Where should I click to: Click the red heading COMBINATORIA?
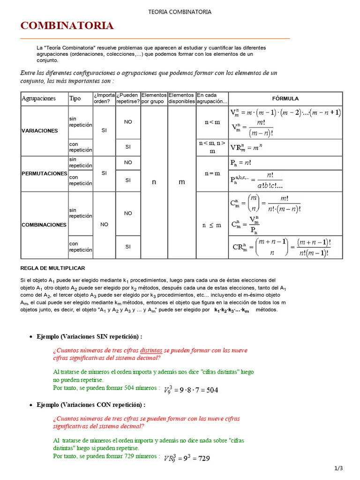[67, 26]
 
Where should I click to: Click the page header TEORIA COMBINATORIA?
[180, 12]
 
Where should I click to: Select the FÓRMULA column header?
[285, 98]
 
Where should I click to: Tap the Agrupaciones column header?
[38, 98]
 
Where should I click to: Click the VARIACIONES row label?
[40, 131]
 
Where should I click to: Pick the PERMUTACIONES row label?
[45, 173]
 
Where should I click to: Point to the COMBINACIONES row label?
[44, 225]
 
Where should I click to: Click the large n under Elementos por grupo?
[154, 182]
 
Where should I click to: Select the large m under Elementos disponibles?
[182, 182]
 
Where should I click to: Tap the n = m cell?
[212, 173]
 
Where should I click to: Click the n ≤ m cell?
[212, 225]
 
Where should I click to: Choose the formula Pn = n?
[241, 163]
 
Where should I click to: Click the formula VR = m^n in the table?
[247, 147]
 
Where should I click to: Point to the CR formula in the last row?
[282, 247]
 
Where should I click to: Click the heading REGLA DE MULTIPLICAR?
[52, 268]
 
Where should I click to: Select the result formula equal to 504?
[191, 390]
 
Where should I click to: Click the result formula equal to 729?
[187, 458]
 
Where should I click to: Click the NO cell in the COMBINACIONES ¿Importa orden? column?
[104, 225]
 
